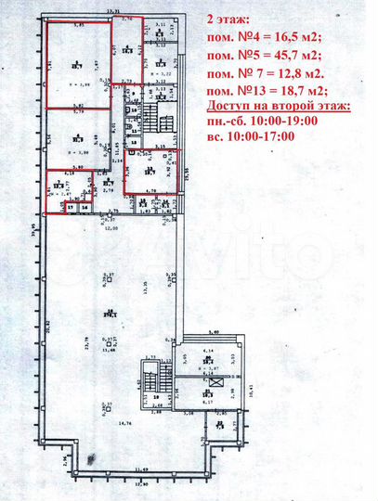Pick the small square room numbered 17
tap(69, 208)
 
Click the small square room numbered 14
tap(85, 208)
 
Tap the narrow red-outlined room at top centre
tap(127, 51)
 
